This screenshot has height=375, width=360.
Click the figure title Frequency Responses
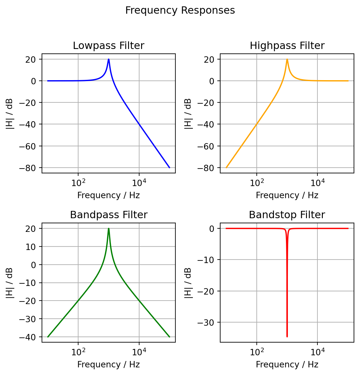coord(180,10)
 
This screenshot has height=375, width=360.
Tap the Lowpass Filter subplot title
coord(108,46)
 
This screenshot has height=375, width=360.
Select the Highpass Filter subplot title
coord(287,46)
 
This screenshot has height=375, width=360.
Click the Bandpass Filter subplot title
coord(108,215)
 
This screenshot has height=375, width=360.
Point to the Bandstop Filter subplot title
coord(287,215)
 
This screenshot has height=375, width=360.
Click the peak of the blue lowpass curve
coord(109,59)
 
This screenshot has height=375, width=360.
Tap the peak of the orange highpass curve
coord(287,59)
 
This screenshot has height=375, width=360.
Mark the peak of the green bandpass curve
coord(109,228)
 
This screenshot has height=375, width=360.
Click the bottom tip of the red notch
coord(287,337)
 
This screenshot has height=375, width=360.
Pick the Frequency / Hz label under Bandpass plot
coord(108,365)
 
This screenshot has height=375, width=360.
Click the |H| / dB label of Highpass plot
coord(188,114)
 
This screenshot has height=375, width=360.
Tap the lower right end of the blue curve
coord(169,167)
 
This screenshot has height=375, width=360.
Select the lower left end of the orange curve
coord(226,167)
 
